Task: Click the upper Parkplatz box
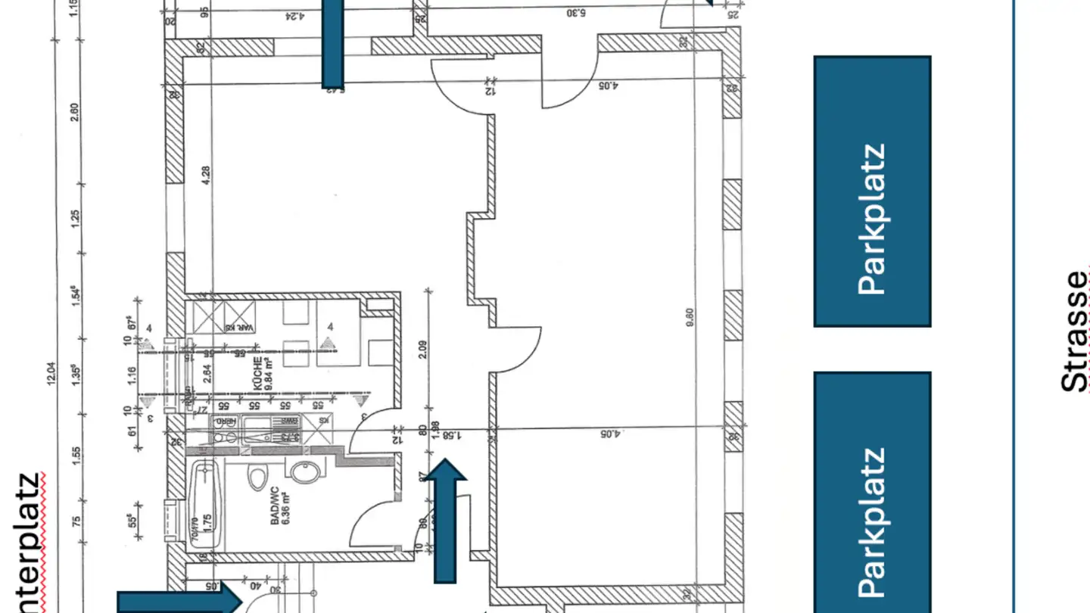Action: point(872,191)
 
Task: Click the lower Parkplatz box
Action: point(872,492)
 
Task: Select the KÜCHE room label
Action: point(263,372)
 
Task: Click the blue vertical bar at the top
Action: point(332,43)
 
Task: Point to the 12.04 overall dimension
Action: point(51,374)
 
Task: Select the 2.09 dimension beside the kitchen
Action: point(422,348)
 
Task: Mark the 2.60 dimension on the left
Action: point(73,112)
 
